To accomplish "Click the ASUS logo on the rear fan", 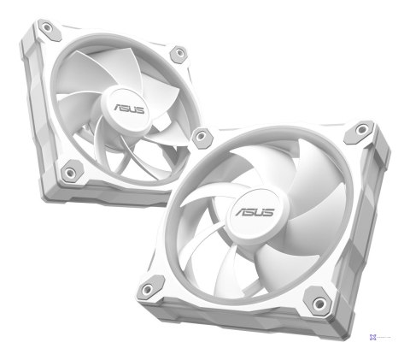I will coord(126,110).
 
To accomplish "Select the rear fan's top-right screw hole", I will coord(179,54).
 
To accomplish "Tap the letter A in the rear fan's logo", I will coord(115,109).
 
